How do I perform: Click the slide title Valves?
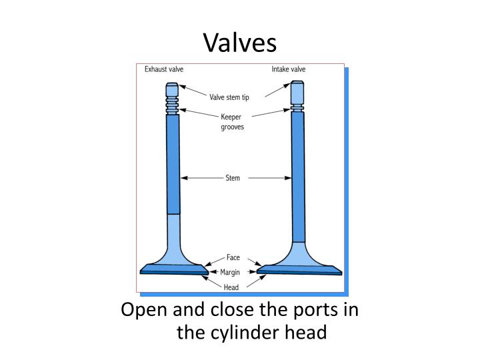coord(239,43)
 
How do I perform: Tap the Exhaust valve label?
coord(164,69)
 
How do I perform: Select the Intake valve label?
coord(289,69)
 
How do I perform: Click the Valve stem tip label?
coord(229,97)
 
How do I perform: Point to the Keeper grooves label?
coord(232,121)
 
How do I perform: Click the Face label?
coord(233,257)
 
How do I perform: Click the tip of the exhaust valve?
coord(173,89)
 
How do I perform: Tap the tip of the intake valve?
coord(297,90)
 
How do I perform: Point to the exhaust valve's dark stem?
coord(173,163)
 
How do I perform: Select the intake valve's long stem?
coord(298,177)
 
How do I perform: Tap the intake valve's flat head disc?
coord(299,270)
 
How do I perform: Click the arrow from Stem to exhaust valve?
coord(201,178)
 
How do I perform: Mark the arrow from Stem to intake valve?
coord(271,178)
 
